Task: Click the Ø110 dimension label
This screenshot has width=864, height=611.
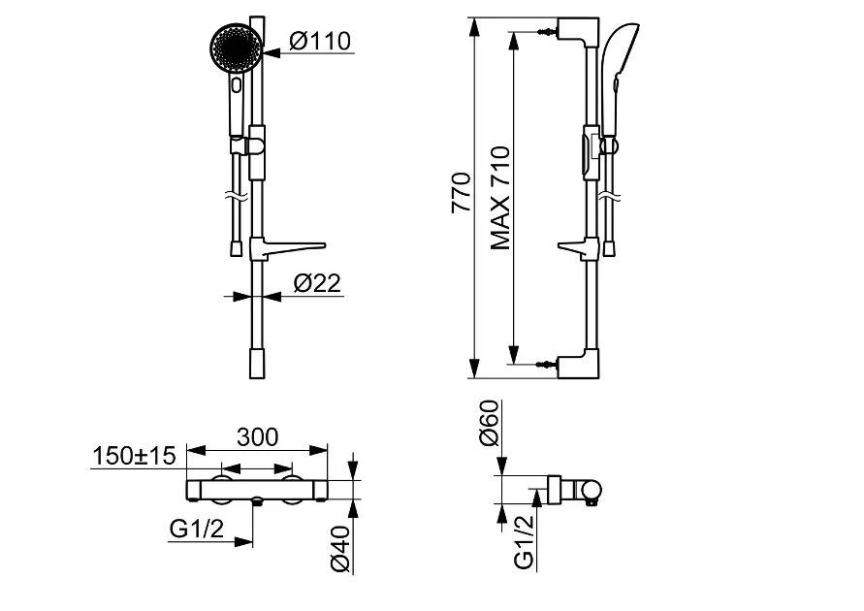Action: pos(320,41)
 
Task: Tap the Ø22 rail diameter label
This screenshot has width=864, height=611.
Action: pos(317,283)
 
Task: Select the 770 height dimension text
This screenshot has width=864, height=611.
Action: pos(461,193)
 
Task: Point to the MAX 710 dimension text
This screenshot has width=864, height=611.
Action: pos(499,198)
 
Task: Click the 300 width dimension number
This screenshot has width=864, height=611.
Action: pos(257,436)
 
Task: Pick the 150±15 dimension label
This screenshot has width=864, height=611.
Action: pos(134,456)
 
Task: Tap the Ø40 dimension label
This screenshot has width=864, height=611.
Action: pos(340,549)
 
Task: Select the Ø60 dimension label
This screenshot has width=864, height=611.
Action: pos(489,423)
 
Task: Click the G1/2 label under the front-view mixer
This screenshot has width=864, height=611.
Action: pos(197,529)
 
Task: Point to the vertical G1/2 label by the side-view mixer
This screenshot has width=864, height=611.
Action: pos(524,542)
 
